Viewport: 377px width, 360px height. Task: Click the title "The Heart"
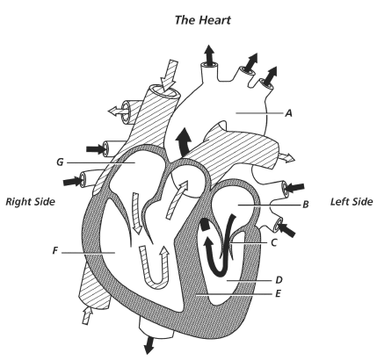point(203,20)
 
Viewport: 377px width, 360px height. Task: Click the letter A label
point(289,113)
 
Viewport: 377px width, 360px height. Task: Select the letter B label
point(306,205)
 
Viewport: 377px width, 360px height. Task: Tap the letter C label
point(274,242)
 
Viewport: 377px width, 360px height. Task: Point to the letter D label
point(279,280)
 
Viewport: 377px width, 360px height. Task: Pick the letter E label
point(278,293)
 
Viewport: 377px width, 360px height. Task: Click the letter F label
point(54,251)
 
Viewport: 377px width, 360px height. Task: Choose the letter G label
point(60,162)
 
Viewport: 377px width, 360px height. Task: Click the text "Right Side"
point(30,202)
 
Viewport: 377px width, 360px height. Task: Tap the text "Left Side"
point(352,202)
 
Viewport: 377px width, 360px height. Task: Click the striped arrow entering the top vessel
point(170,76)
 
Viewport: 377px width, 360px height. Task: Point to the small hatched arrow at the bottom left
point(87,314)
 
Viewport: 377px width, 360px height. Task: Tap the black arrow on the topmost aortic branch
point(209,54)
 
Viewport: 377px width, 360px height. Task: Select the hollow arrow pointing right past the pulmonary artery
point(286,157)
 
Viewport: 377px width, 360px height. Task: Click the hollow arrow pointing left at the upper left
point(117,111)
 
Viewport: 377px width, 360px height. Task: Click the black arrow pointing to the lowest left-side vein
point(286,229)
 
